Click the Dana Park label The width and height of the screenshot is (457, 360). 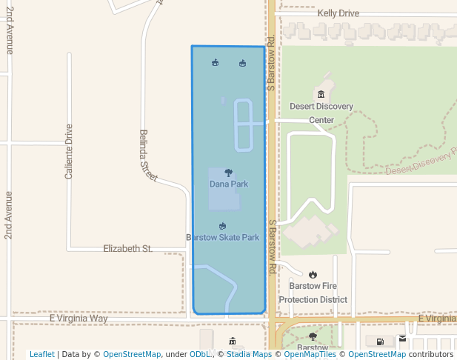pyautogui.click(x=228, y=184)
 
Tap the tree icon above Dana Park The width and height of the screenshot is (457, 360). pyautogui.click(x=228, y=173)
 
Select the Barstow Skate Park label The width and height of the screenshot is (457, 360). pyautogui.click(x=222, y=238)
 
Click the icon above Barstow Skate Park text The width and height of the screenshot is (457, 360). pyautogui.click(x=223, y=226)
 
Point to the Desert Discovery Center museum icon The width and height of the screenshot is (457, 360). pyautogui.click(x=321, y=94)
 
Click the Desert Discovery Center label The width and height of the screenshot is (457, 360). pyautogui.click(x=321, y=113)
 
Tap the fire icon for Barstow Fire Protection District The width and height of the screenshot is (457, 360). pyautogui.click(x=313, y=275)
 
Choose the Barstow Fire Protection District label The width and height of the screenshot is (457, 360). pyautogui.click(x=313, y=293)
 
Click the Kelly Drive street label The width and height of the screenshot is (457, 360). pyautogui.click(x=338, y=13)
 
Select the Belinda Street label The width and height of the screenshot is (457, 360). pyautogui.click(x=148, y=156)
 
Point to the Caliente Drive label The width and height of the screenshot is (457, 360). pyautogui.click(x=69, y=151)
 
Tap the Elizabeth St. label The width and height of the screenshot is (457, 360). pyautogui.click(x=127, y=249)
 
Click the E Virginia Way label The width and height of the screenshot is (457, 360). pyautogui.click(x=79, y=319)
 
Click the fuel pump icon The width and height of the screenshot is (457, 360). pyautogui.click(x=380, y=341)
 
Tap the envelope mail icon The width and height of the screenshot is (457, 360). pyautogui.click(x=403, y=339)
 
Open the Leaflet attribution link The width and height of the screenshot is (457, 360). pyautogui.click(x=41, y=355)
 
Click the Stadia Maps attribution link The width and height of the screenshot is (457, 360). pyautogui.click(x=249, y=355)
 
